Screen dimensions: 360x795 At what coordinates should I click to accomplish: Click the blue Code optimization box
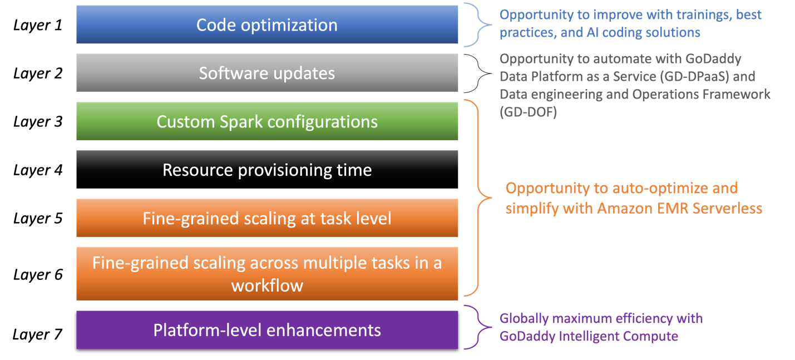click(x=267, y=25)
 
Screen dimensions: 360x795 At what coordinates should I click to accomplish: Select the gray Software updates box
click(x=267, y=73)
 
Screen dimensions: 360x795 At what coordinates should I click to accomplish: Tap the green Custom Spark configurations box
click(x=267, y=121)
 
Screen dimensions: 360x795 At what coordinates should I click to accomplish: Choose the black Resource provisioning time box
click(x=267, y=170)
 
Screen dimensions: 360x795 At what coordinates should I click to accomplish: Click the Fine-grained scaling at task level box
click(x=267, y=218)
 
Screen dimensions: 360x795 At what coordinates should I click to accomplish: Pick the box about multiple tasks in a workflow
click(x=267, y=274)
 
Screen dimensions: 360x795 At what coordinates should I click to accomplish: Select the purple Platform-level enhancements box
click(x=267, y=330)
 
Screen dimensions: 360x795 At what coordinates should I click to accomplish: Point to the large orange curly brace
click(x=478, y=198)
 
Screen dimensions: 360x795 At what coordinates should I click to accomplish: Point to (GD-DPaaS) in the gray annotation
click(x=674, y=77)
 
